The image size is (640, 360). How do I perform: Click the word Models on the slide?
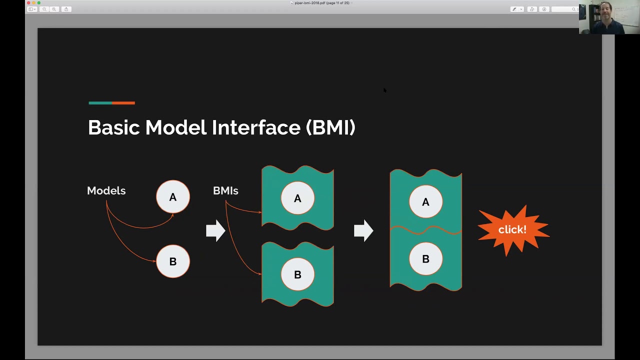click(x=106, y=190)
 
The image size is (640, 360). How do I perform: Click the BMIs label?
click(x=225, y=190)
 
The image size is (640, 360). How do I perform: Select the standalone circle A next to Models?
click(x=173, y=197)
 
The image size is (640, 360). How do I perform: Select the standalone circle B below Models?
click(x=173, y=261)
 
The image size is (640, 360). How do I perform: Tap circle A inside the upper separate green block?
click(x=297, y=198)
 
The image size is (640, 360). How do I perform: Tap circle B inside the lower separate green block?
click(x=297, y=274)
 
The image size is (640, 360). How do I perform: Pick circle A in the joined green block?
click(x=425, y=202)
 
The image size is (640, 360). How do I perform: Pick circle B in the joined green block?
click(x=425, y=259)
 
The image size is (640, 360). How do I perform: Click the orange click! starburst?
click(x=512, y=229)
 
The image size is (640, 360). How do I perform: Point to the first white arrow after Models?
click(x=215, y=230)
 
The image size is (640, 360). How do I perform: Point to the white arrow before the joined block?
click(x=363, y=230)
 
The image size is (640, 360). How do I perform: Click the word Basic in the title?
click(x=114, y=127)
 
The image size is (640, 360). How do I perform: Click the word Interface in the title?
click(x=255, y=127)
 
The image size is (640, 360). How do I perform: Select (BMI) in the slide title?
click(x=330, y=127)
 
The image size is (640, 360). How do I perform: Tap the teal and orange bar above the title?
click(x=111, y=103)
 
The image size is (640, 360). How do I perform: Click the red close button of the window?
click(x=28, y=3)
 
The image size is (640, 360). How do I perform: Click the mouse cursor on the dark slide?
click(x=384, y=90)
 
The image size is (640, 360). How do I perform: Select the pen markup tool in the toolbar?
click(x=514, y=9)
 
